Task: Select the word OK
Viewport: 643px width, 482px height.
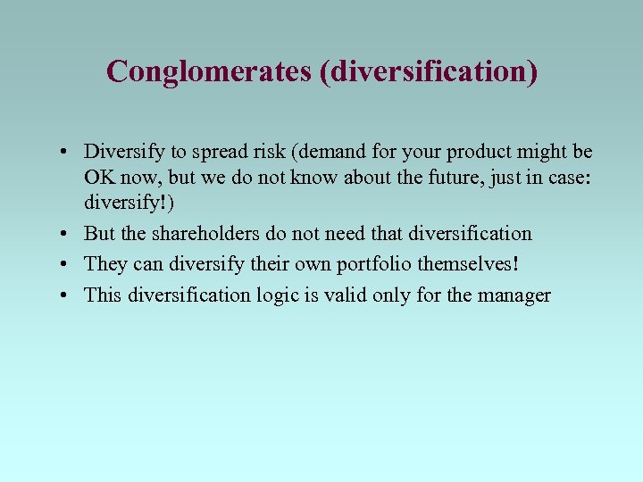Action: [x=98, y=178]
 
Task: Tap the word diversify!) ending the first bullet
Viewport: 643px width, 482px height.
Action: [x=129, y=203]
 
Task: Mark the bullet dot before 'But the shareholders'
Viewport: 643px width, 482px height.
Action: [x=68, y=235]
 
